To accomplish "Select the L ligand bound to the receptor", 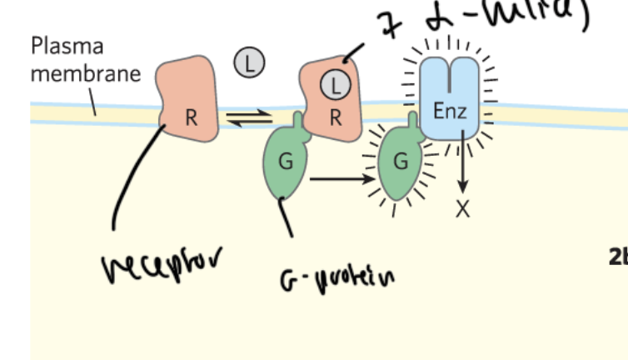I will pos(336,83).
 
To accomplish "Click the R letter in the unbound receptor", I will pos(192,117).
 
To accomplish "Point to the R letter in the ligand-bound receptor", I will pos(336,117).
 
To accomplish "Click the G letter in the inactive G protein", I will pos(286,162).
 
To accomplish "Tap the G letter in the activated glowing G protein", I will pos(401,162).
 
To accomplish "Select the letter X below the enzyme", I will pos(463,209).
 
